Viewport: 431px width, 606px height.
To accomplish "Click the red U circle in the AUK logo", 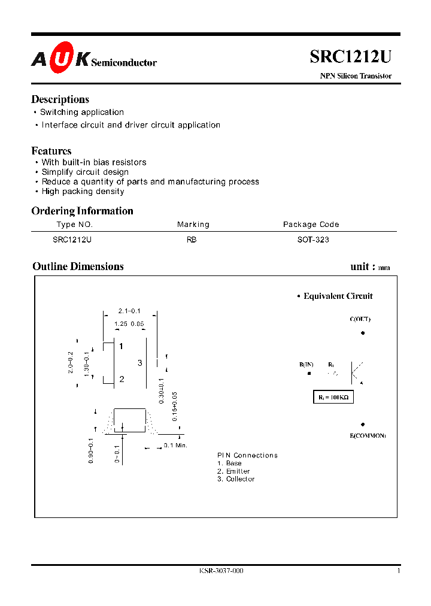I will click(x=62, y=60).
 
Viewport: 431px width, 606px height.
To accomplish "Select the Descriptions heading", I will click(x=60, y=99).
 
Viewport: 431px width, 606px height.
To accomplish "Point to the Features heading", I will click(x=51, y=151).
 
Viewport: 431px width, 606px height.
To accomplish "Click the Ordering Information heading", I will click(x=82, y=211).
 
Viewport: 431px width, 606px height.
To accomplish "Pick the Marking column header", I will click(x=193, y=225).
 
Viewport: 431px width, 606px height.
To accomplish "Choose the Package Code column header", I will click(x=311, y=225).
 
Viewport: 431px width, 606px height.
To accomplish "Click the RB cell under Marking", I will click(x=192, y=240).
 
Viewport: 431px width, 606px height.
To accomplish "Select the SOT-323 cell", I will click(x=313, y=240).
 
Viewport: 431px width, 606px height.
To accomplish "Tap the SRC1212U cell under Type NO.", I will click(x=72, y=240).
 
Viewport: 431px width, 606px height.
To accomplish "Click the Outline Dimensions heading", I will click(x=78, y=266).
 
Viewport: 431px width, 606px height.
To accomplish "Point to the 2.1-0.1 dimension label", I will click(x=129, y=311).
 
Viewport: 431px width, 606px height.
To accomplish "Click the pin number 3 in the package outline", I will click(x=139, y=363).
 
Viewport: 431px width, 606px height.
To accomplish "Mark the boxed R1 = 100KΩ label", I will click(x=333, y=398).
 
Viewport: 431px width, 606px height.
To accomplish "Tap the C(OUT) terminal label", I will click(x=360, y=319).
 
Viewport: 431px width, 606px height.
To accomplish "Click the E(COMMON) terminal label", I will click(x=368, y=435).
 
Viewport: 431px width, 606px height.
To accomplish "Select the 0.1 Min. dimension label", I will click(x=176, y=446).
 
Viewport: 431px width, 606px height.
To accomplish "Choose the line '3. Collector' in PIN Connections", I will click(x=236, y=479).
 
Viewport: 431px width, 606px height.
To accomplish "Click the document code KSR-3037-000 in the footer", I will click(x=221, y=571).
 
